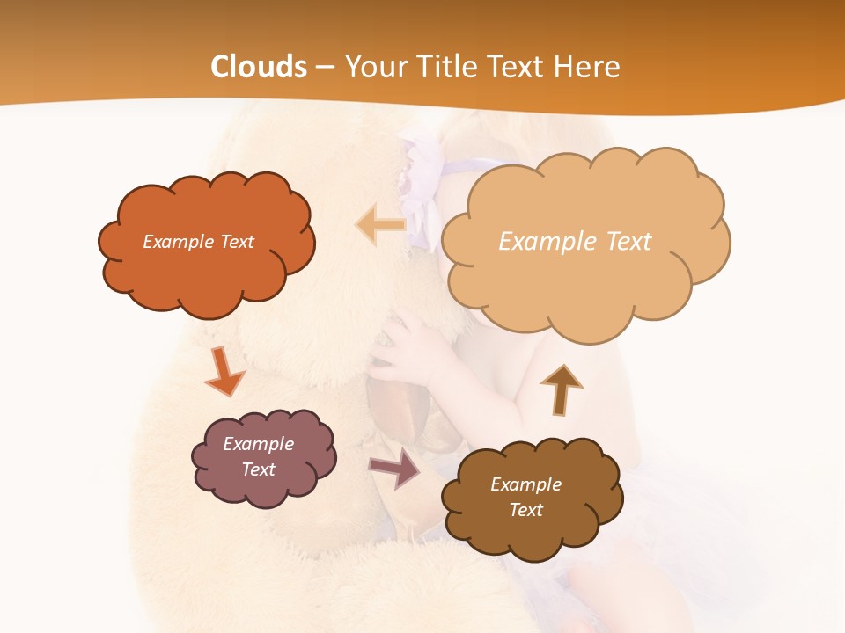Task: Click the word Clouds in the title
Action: click(x=259, y=67)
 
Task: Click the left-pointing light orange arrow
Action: click(x=380, y=224)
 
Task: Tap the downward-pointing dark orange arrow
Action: click(x=224, y=373)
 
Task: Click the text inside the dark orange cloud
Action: click(x=198, y=242)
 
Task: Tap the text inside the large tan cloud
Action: click(x=575, y=242)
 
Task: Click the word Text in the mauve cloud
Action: click(x=258, y=469)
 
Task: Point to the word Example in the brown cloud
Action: click(x=525, y=484)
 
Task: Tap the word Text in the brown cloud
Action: click(x=525, y=510)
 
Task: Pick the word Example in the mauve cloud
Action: click(x=258, y=444)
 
